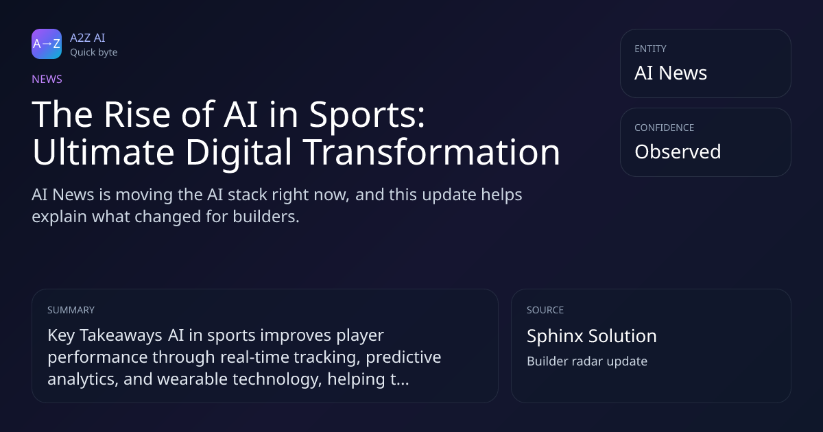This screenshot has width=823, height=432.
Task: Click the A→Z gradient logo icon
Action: pyautogui.click(x=47, y=44)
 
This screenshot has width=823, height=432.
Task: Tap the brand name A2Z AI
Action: pyautogui.click(x=88, y=38)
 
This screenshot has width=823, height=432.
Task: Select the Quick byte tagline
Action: pyautogui.click(x=94, y=53)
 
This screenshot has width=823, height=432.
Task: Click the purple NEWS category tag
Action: pyautogui.click(x=47, y=80)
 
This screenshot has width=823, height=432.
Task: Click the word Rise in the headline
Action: pyautogui.click(x=137, y=115)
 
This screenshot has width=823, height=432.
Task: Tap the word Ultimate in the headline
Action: pyautogui.click(x=104, y=152)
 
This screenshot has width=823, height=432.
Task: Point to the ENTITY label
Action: pyautogui.click(x=650, y=49)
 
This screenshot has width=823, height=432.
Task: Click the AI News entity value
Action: pyautogui.click(x=671, y=73)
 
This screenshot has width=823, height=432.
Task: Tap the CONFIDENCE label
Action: pyautogui.click(x=665, y=128)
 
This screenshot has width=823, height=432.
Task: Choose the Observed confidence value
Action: pyautogui.click(x=678, y=152)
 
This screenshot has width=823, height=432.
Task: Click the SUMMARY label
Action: pyautogui.click(x=71, y=310)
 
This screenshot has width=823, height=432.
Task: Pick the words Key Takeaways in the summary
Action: pyautogui.click(x=105, y=336)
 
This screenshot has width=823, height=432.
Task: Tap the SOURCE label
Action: pyautogui.click(x=545, y=310)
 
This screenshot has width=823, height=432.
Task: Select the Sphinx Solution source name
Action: pyautogui.click(x=591, y=337)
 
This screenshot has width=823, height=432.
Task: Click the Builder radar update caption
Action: pyautogui.click(x=587, y=361)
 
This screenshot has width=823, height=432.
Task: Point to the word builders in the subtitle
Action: pyautogui.click(x=266, y=217)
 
